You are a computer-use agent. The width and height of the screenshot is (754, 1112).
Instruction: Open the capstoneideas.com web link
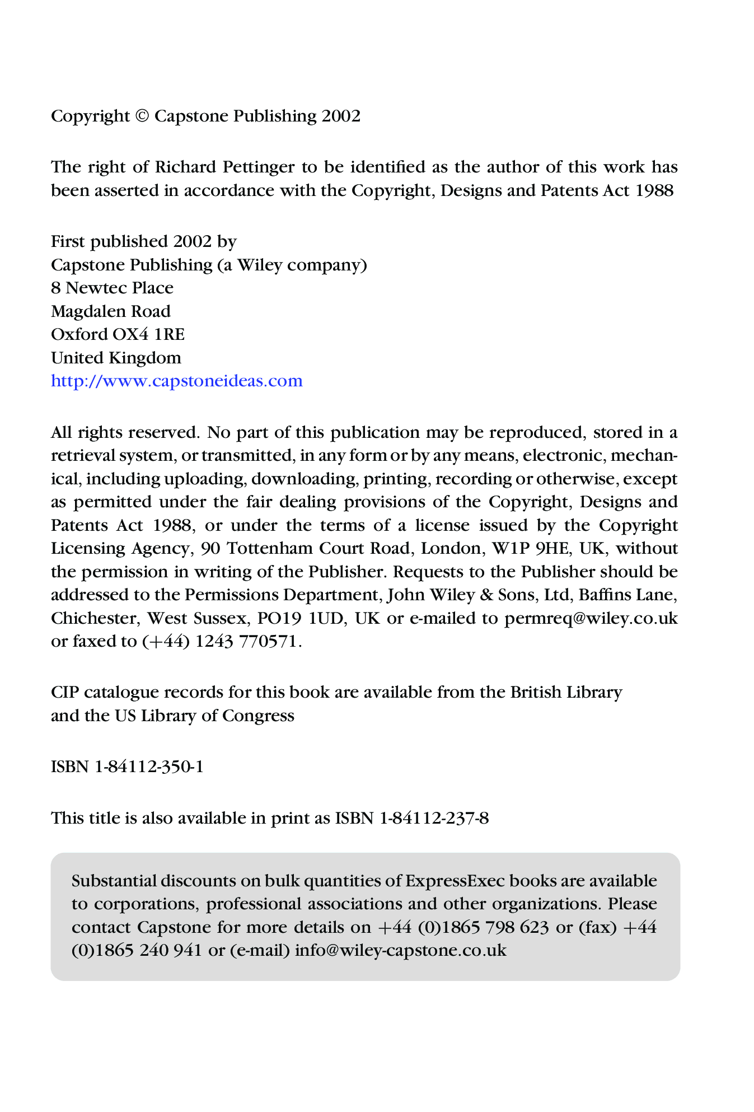177,381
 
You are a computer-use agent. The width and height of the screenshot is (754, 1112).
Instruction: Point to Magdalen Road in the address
111,311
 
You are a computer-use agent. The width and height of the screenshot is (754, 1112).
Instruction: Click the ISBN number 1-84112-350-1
149,767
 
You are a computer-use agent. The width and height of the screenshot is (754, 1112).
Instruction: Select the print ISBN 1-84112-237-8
434,819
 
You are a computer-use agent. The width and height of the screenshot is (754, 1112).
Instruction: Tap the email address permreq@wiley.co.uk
591,619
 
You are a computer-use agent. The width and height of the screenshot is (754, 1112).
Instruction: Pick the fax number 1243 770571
247,642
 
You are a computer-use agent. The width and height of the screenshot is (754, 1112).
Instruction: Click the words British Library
566,693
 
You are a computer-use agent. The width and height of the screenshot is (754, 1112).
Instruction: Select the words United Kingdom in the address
116,358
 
